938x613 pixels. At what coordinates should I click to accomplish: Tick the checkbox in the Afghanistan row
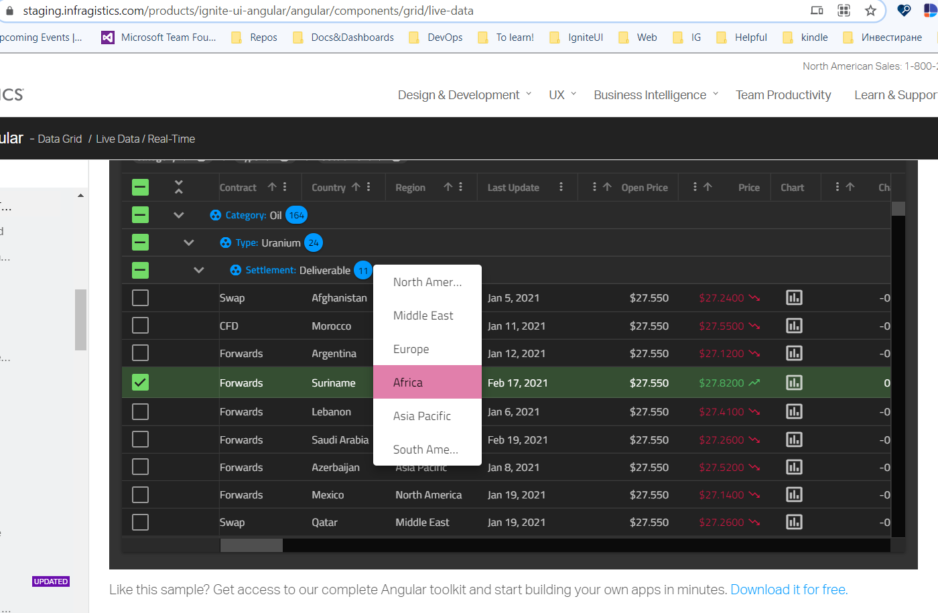click(140, 297)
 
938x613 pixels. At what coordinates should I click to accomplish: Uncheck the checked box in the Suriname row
click(140, 383)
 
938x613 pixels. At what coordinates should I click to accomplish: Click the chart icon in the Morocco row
click(794, 326)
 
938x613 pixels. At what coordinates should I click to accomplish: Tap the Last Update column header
click(513, 188)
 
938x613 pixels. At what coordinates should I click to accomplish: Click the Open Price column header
click(644, 188)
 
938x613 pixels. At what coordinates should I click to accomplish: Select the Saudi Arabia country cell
click(340, 440)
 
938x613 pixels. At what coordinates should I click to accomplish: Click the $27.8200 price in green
click(721, 383)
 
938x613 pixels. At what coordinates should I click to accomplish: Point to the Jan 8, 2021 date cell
click(513, 468)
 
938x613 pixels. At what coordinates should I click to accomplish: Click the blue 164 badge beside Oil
click(296, 215)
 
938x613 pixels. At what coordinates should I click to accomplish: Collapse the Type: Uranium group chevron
click(189, 243)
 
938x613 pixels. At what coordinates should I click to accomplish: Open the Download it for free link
click(789, 590)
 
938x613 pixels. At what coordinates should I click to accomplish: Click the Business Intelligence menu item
click(649, 95)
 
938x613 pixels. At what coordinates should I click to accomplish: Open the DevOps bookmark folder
click(444, 38)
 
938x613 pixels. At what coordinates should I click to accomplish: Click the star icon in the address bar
click(870, 10)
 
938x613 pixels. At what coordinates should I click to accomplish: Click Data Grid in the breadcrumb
click(60, 139)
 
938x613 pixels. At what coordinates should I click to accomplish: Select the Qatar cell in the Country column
click(324, 523)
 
